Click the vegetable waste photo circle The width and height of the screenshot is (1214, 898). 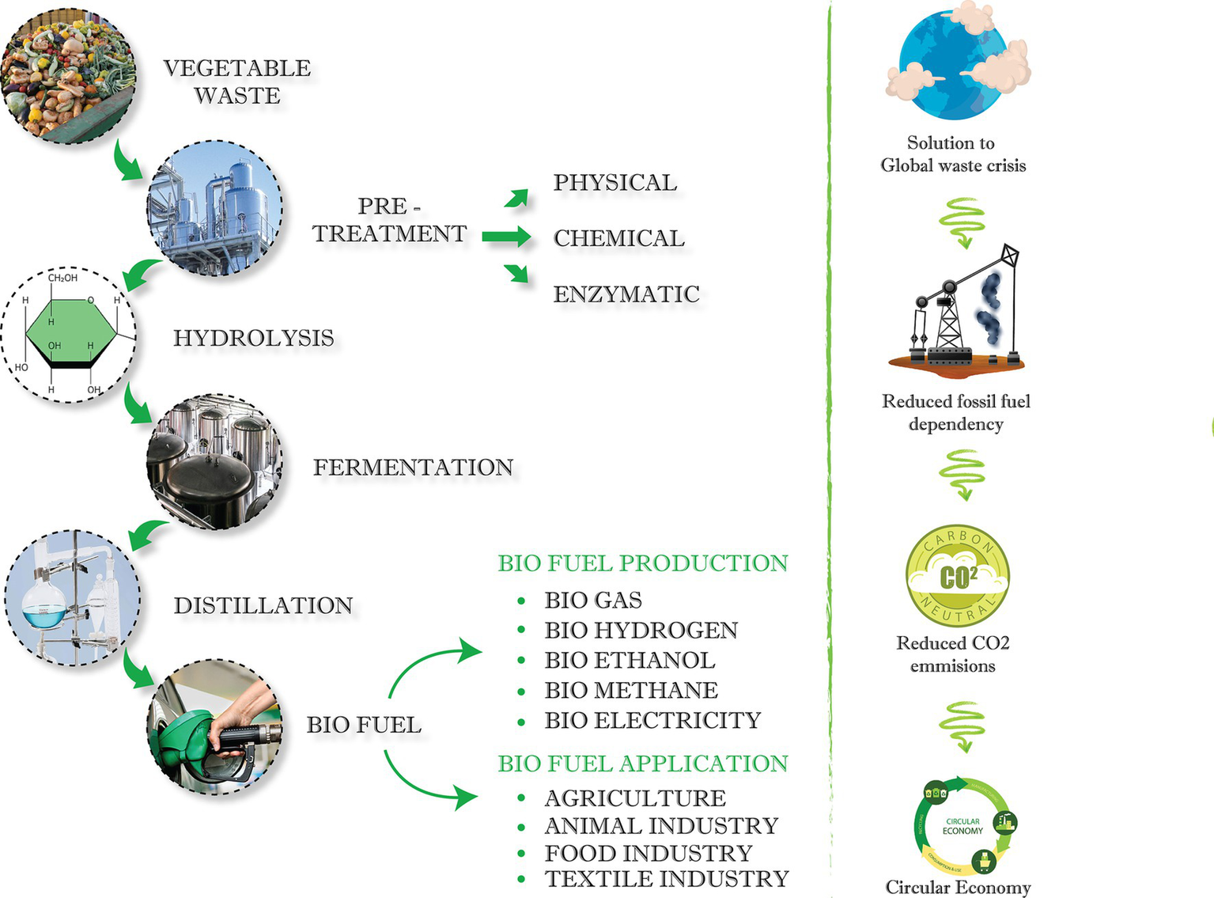coord(68,76)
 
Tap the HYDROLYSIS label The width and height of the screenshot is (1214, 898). coord(254,338)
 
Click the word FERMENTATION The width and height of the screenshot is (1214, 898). coord(413,468)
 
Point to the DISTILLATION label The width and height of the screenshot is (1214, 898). coord(263,605)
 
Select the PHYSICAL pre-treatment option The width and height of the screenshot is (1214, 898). coord(615,183)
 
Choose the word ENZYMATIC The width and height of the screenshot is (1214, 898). coord(626,294)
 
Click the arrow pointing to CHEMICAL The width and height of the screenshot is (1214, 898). coord(506,237)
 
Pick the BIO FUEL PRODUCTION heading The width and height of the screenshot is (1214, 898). coord(642,563)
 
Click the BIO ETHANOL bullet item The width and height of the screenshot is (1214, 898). coord(630,660)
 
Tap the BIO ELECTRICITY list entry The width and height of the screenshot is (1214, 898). coord(652,720)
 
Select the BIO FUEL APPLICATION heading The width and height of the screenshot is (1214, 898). coord(642,763)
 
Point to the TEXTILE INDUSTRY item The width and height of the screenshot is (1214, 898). coord(666,879)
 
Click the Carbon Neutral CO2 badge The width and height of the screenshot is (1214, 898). coord(957,576)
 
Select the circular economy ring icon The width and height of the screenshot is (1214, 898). coord(963,826)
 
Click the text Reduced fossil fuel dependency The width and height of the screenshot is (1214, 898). coord(956,412)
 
